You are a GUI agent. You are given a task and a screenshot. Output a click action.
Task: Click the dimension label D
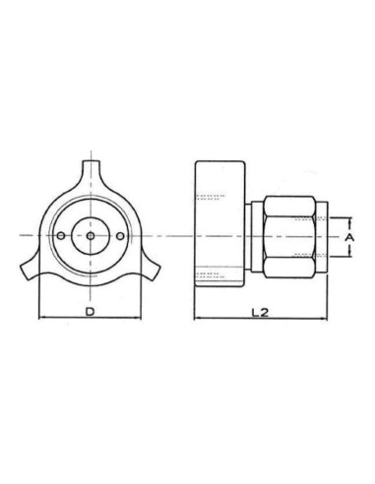[90, 311]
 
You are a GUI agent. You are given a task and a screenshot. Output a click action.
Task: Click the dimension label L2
[260, 311]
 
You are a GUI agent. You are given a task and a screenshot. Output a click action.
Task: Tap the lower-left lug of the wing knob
[29, 270]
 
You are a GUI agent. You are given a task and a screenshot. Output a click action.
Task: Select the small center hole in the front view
[90, 237]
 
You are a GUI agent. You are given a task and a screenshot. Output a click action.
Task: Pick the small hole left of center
[61, 237]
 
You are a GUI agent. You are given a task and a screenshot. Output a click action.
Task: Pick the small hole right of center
[119, 237]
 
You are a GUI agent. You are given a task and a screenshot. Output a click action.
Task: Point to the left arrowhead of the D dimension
[39, 320]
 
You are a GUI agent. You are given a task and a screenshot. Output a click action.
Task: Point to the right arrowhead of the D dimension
[139, 320]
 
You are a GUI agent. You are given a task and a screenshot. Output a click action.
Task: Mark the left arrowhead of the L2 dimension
[196, 320]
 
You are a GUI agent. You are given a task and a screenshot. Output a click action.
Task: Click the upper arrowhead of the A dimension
[347, 219]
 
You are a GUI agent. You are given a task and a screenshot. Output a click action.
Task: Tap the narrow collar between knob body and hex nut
[254, 236]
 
